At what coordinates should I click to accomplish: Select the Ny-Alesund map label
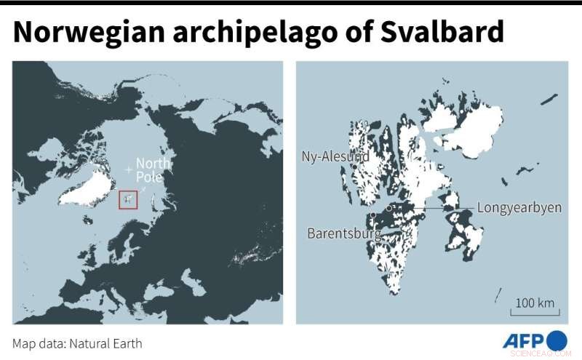click(x=335, y=156)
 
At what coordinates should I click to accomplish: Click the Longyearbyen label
click(x=519, y=207)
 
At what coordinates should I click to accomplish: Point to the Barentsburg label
click(x=345, y=234)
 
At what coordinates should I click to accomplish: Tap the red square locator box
click(x=128, y=199)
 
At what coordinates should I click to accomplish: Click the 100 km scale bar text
click(x=535, y=303)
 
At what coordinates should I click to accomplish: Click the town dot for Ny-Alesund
click(x=354, y=167)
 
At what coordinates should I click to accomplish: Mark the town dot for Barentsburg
click(x=372, y=216)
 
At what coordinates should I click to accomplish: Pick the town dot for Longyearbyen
click(x=390, y=208)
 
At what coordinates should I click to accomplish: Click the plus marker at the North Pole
click(x=129, y=169)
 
